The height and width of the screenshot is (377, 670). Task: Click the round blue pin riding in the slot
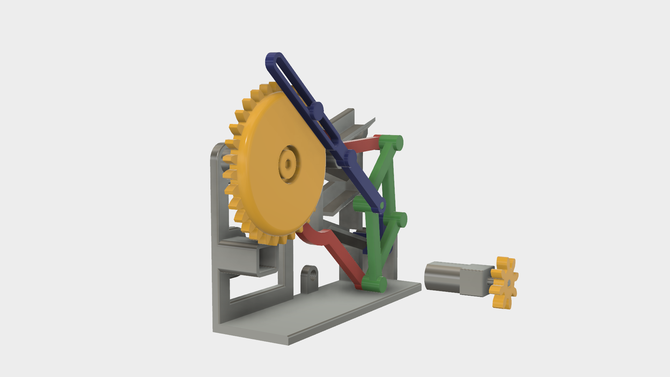[x=317, y=110]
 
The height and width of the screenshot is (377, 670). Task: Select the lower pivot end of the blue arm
[x=381, y=206]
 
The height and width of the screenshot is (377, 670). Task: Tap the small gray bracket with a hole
[x=310, y=279]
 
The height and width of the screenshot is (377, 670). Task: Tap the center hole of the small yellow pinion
[x=509, y=282]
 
